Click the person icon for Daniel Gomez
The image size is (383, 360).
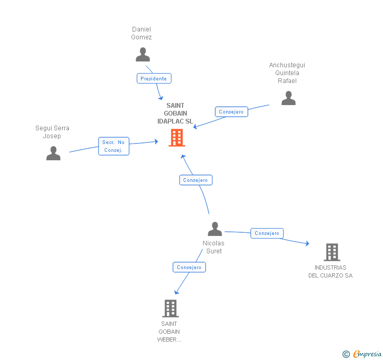click(x=143, y=55)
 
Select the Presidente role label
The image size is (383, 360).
click(x=154, y=79)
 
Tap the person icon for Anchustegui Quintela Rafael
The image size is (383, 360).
click(x=288, y=98)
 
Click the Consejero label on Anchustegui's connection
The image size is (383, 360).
click(x=231, y=112)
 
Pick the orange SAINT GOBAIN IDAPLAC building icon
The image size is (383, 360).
click(x=177, y=138)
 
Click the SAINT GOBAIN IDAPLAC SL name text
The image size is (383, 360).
click(x=176, y=114)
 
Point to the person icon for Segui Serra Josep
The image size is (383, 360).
click(x=53, y=153)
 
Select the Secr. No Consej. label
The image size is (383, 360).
click(x=114, y=146)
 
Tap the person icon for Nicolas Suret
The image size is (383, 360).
click(x=215, y=229)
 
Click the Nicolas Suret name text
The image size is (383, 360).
click(x=214, y=247)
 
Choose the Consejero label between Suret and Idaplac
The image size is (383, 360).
click(x=196, y=180)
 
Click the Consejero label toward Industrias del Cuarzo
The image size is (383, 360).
click(x=267, y=233)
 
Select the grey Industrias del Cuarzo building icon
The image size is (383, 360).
click(x=331, y=252)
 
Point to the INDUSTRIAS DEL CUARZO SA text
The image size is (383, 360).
click(x=330, y=272)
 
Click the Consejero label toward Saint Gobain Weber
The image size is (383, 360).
click(x=189, y=268)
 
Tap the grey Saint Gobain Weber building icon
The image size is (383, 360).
click(x=170, y=308)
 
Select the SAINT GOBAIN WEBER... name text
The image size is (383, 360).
click(x=169, y=332)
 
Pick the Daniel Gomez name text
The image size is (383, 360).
click(x=142, y=33)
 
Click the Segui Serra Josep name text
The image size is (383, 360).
click(x=52, y=132)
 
